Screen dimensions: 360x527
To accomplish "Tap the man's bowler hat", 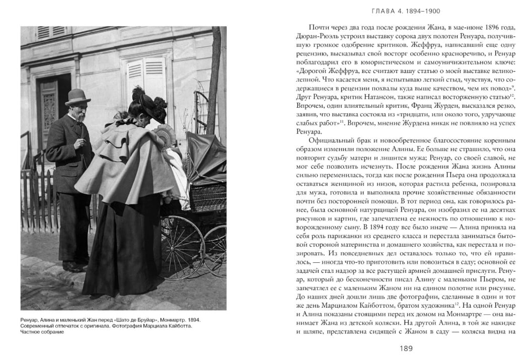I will pyautogui.click(x=78, y=95).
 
